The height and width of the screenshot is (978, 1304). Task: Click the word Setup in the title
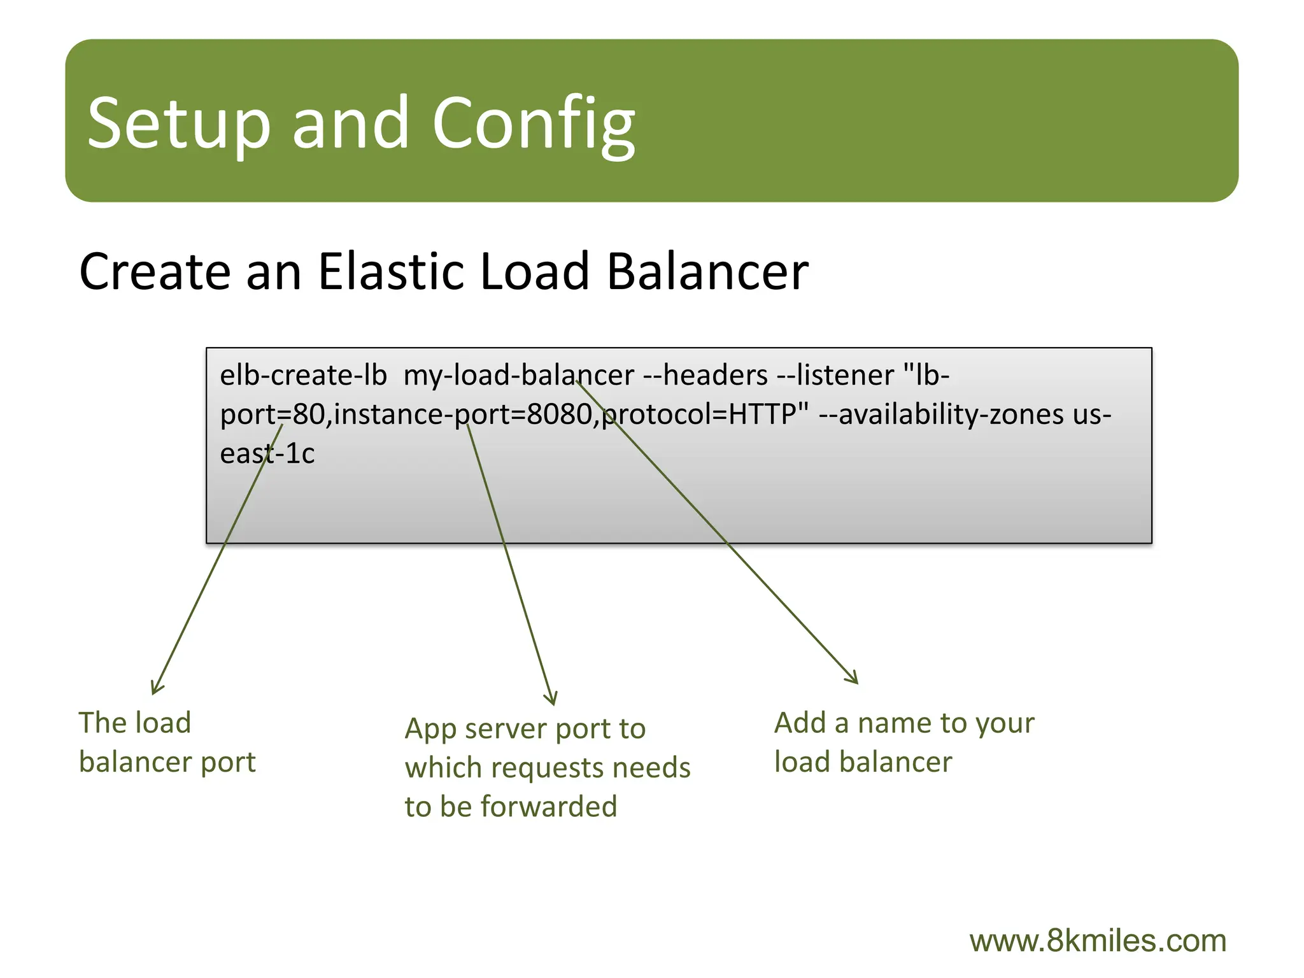[179, 123]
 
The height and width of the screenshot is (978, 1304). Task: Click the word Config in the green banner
[534, 123]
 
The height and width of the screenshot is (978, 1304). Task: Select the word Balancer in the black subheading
[707, 272]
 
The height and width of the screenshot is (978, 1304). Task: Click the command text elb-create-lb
[303, 376]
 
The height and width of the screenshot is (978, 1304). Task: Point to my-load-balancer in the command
[518, 376]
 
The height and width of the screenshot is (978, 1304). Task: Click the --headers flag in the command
[705, 376]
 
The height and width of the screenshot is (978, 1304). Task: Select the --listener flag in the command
[835, 376]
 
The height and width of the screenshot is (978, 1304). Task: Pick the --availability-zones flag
[941, 415]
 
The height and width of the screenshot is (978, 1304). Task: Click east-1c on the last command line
[267, 454]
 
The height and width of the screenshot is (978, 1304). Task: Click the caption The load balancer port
[166, 742]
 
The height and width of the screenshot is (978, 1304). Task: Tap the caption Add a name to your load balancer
[904, 742]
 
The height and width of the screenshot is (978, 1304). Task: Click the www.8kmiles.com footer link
[1097, 941]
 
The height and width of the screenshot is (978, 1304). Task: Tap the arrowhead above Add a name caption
[854, 679]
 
